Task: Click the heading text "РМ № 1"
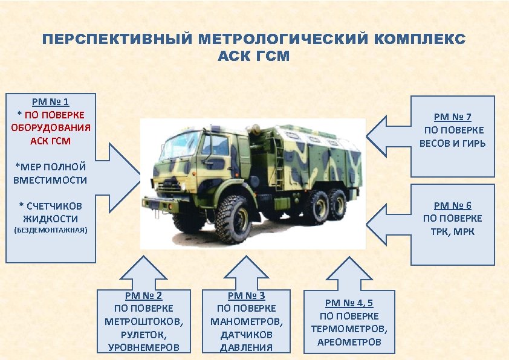coord(51,102)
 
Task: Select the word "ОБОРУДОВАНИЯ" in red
coord(51,127)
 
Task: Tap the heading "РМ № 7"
coord(452,117)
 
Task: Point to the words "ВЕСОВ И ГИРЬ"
coord(452,144)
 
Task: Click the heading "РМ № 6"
coord(452,205)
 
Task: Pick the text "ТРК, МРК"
coord(452,231)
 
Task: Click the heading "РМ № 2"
coord(143,296)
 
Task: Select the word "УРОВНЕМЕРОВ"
coord(143,347)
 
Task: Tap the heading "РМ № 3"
coord(246,296)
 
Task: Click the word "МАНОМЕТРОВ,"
coord(246,321)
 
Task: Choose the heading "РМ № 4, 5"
coord(349,303)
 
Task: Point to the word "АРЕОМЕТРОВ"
coord(349,342)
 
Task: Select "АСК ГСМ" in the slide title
coord(254,57)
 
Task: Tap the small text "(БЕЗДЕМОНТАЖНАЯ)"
coord(51,230)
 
